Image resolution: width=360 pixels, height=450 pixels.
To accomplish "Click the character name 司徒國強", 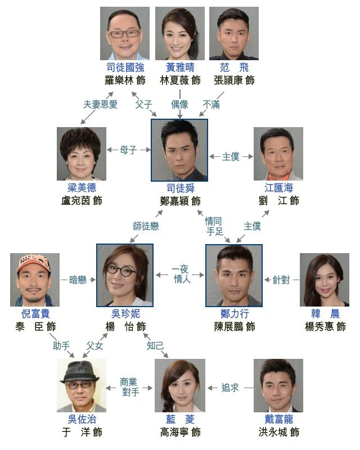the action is pyautogui.click(x=125, y=67).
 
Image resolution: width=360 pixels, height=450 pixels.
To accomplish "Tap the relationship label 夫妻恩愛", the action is pyautogui.click(x=100, y=104).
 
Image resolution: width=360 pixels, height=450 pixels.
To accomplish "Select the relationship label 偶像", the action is pyautogui.click(x=179, y=104).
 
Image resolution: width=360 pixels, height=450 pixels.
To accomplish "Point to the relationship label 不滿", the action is pyautogui.click(x=211, y=105).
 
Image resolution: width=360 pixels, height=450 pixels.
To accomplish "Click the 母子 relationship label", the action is pyautogui.click(x=128, y=150).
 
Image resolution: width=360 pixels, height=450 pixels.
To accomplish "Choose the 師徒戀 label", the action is pyautogui.click(x=146, y=226).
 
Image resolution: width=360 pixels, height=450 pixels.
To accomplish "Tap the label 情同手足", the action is pyautogui.click(x=214, y=226).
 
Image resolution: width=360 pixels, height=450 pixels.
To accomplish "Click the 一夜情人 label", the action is pyautogui.click(x=180, y=274).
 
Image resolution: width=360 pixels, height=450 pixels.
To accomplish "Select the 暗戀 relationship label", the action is pyautogui.click(x=78, y=280).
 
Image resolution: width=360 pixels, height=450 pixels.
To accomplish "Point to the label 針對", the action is pyautogui.click(x=281, y=280).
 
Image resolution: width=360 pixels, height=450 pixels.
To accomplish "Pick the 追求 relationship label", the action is pyautogui.click(x=230, y=388).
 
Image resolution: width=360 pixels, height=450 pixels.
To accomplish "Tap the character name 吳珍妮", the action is pyautogui.click(x=125, y=314).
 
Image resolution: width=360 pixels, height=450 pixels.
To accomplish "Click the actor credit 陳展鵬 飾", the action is pyautogui.click(x=235, y=327).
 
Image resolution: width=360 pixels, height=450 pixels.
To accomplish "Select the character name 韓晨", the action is pyautogui.click(x=325, y=314).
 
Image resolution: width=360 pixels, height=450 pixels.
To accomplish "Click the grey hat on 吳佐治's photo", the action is pyautogui.click(x=80, y=372).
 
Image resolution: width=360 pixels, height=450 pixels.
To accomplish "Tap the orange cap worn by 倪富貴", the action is pyautogui.click(x=33, y=263).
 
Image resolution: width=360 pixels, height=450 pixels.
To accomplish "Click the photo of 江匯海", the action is pyautogui.click(x=278, y=154).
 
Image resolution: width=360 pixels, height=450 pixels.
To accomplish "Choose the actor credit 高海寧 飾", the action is pyautogui.click(x=181, y=432).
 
